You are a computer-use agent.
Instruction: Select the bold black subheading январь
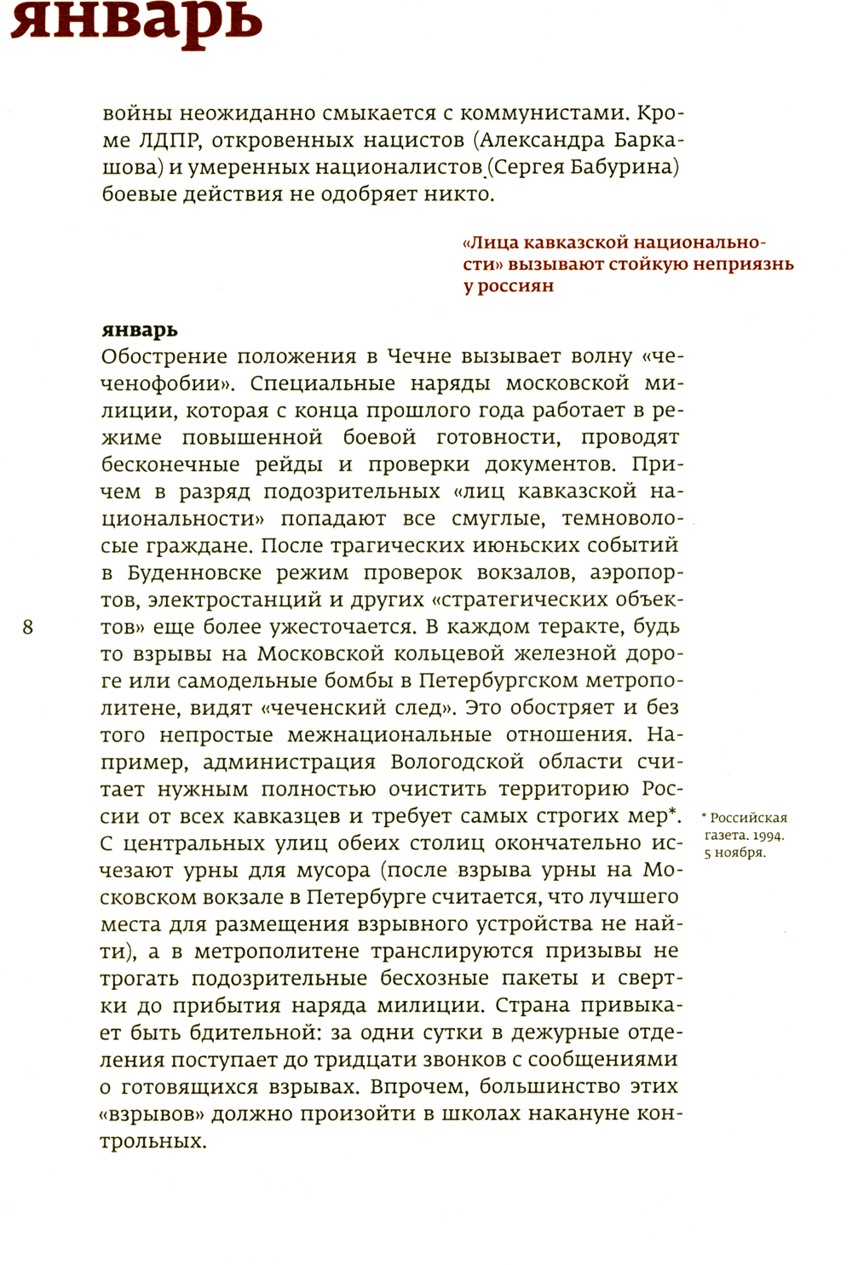[140, 330]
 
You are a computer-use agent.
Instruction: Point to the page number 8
[28, 628]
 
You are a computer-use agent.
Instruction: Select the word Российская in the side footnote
[749, 818]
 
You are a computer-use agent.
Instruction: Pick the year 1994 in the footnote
[768, 836]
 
